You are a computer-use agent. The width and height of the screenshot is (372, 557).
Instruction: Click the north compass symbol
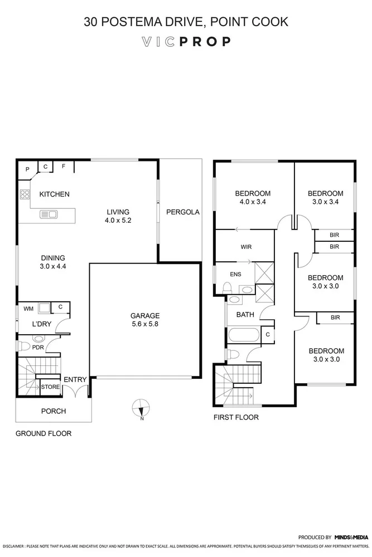pyautogui.click(x=142, y=408)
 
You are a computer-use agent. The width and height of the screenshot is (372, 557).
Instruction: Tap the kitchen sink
pyautogui.click(x=47, y=214)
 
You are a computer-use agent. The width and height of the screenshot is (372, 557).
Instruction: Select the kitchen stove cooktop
pyautogui.click(x=25, y=195)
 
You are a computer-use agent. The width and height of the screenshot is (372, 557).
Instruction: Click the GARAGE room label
pyautogui.click(x=145, y=315)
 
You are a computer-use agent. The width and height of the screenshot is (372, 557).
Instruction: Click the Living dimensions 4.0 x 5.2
pyautogui.click(x=118, y=221)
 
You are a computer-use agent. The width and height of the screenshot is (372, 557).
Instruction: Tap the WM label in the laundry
pyautogui.click(x=27, y=308)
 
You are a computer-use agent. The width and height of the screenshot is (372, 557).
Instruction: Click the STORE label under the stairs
pyautogui.click(x=50, y=387)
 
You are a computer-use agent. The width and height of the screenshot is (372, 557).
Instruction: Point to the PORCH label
pyautogui.click(x=54, y=412)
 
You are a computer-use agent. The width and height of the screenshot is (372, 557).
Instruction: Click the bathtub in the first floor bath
pyautogui.click(x=244, y=336)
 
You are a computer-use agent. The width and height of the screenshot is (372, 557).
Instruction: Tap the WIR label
pyautogui.click(x=247, y=246)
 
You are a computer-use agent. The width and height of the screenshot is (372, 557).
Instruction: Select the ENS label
pyautogui.click(x=236, y=274)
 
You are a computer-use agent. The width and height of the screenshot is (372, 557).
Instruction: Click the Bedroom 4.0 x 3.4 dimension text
pyautogui.click(x=253, y=202)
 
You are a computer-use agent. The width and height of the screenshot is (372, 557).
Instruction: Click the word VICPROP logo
pyautogui.click(x=186, y=42)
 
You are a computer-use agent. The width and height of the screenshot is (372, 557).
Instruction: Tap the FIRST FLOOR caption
pyautogui.click(x=236, y=417)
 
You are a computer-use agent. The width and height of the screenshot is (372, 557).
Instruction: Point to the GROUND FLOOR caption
pyautogui.click(x=43, y=433)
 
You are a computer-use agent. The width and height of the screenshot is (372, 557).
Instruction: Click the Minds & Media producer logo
pyautogui.click(x=351, y=538)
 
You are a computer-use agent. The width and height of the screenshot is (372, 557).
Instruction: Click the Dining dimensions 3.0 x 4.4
pyautogui.click(x=53, y=266)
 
